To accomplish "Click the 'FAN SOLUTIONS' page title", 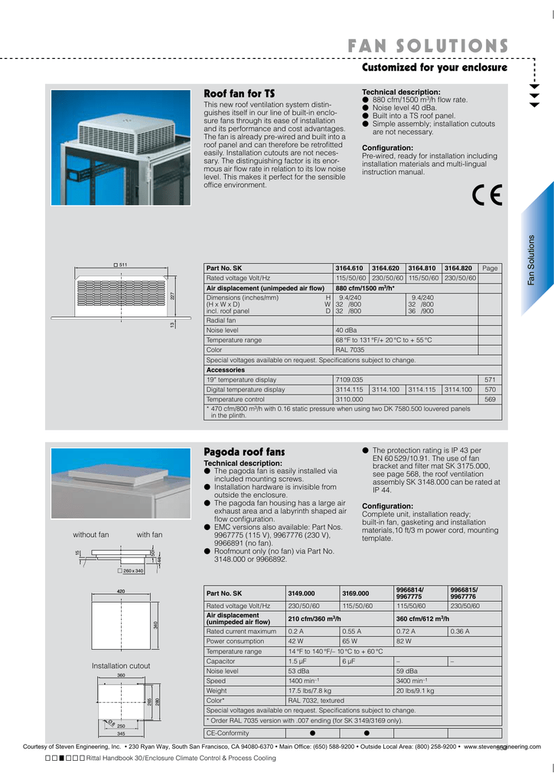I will (428, 46).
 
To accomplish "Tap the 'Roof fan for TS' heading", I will (239, 93).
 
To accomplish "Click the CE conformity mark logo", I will (487, 196).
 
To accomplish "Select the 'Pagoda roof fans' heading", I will (243, 452).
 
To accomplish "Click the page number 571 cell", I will (491, 379).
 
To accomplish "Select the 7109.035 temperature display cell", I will (350, 379).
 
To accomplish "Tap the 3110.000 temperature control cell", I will (350, 399).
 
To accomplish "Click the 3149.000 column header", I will (301, 593).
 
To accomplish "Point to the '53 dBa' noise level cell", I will (298, 671).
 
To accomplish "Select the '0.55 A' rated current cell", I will (352, 632).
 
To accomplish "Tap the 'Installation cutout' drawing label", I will (121, 666).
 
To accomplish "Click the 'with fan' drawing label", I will (149, 534).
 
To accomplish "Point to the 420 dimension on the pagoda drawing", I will (120, 592).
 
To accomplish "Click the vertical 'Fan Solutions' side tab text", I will (532, 260).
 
